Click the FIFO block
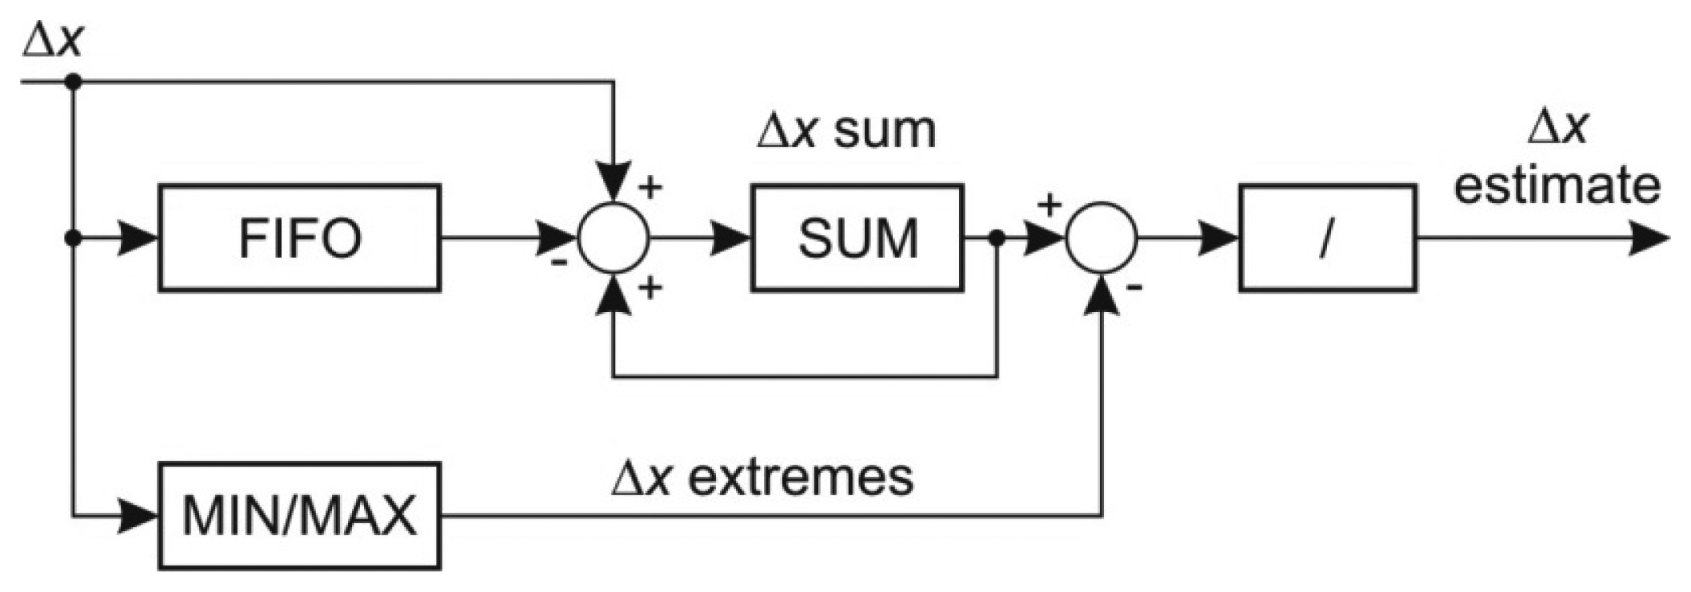[299, 238]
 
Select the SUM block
[857, 238]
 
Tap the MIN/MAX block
[299, 516]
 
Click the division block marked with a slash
[1327, 238]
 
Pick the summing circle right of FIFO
[614, 238]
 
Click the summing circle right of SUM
[1101, 238]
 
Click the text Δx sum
[846, 130]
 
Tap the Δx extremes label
[762, 478]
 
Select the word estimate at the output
[1557, 186]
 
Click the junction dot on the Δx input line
[73, 81]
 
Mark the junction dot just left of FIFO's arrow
[73, 238]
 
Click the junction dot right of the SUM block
[997, 238]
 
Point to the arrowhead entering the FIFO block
[138, 238]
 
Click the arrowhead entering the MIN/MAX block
[138, 516]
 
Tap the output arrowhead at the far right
[1649, 238]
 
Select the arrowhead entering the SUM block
[730, 238]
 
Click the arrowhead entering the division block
[1217, 238]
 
